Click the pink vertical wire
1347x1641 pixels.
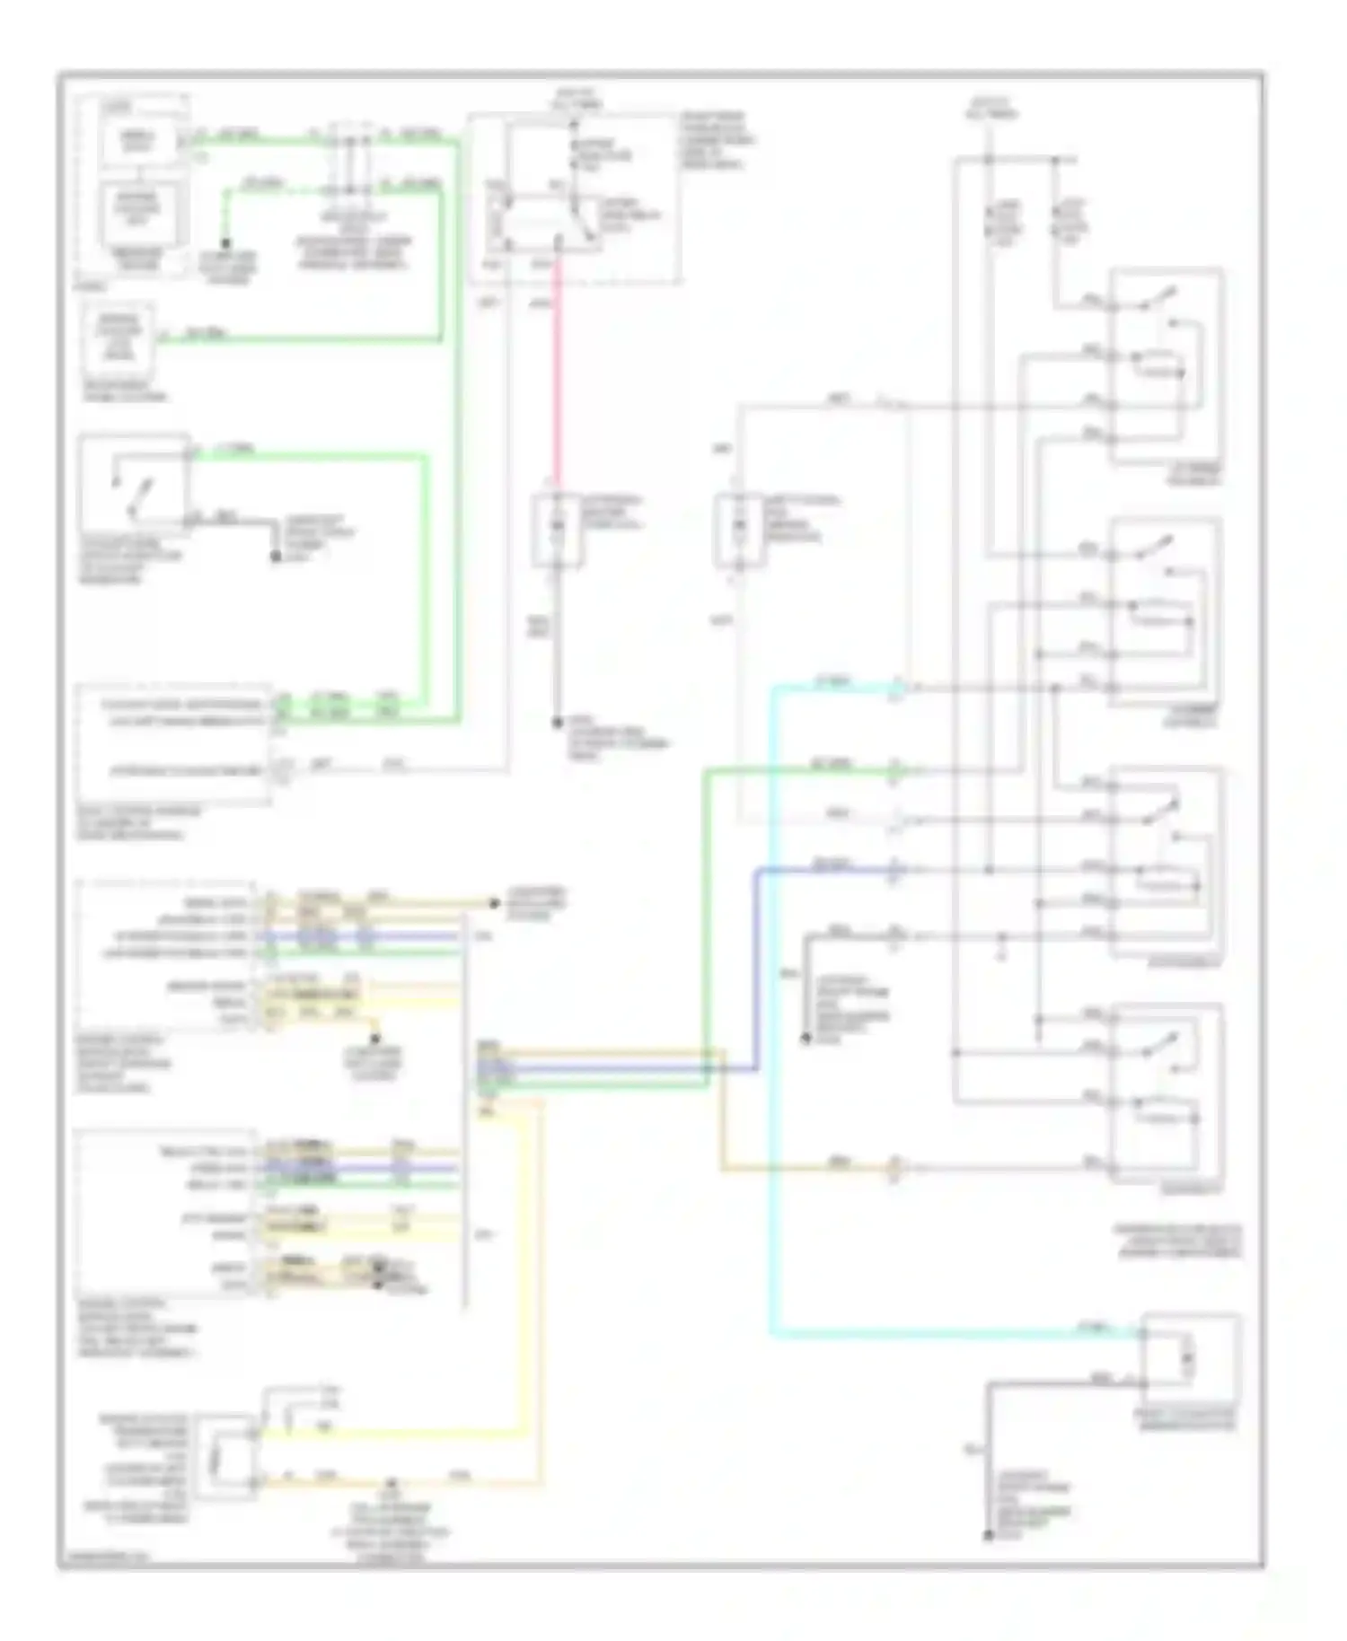(x=556, y=377)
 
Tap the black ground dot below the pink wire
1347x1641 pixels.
(x=557, y=721)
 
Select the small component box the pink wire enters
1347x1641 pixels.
(x=557, y=530)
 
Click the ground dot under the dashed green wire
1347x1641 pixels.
(x=226, y=243)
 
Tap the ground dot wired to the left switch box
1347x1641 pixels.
(x=277, y=557)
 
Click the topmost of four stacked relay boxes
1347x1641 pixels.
(x=1166, y=365)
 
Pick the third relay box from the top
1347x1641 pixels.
(x=1166, y=862)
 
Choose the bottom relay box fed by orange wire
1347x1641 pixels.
(x=1166, y=1095)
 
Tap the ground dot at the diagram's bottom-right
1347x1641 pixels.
(x=989, y=1537)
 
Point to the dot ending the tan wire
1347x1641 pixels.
(x=493, y=903)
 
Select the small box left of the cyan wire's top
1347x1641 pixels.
(x=738, y=530)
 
